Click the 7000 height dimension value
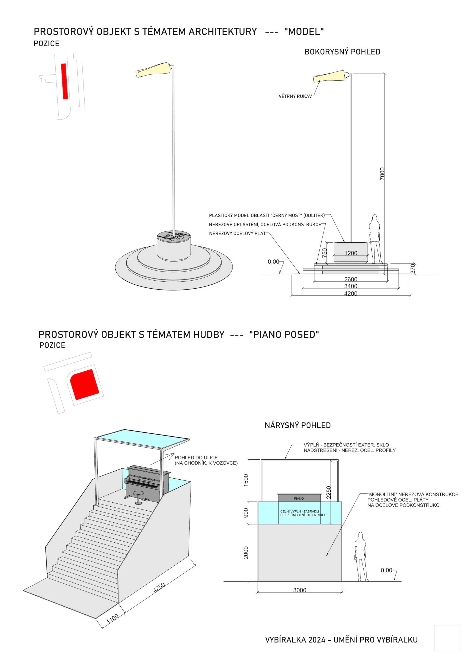click(382, 174)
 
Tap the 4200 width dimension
click(351, 294)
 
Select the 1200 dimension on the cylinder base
click(351, 253)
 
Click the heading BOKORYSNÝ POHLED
click(342, 52)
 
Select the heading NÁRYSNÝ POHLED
click(298, 425)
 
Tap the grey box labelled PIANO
click(299, 498)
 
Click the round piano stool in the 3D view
click(138, 494)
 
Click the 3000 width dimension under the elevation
click(300, 590)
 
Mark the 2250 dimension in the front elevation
click(329, 492)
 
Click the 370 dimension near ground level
click(413, 269)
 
